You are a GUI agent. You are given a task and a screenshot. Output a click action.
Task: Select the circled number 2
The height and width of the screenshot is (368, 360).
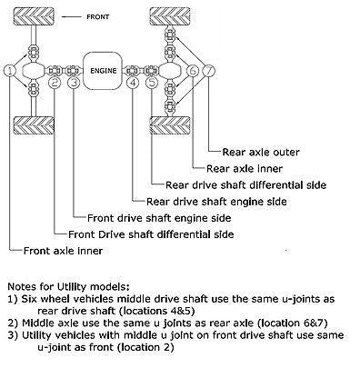(55, 84)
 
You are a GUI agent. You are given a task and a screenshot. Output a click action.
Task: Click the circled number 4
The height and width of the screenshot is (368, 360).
(134, 84)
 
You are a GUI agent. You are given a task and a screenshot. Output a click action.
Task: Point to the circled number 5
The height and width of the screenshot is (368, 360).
(150, 84)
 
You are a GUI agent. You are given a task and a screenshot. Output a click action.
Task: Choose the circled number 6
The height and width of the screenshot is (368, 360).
(193, 70)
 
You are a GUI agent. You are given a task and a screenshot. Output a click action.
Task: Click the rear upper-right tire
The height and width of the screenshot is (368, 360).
(169, 17)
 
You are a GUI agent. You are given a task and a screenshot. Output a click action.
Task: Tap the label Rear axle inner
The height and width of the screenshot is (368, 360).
(245, 168)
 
